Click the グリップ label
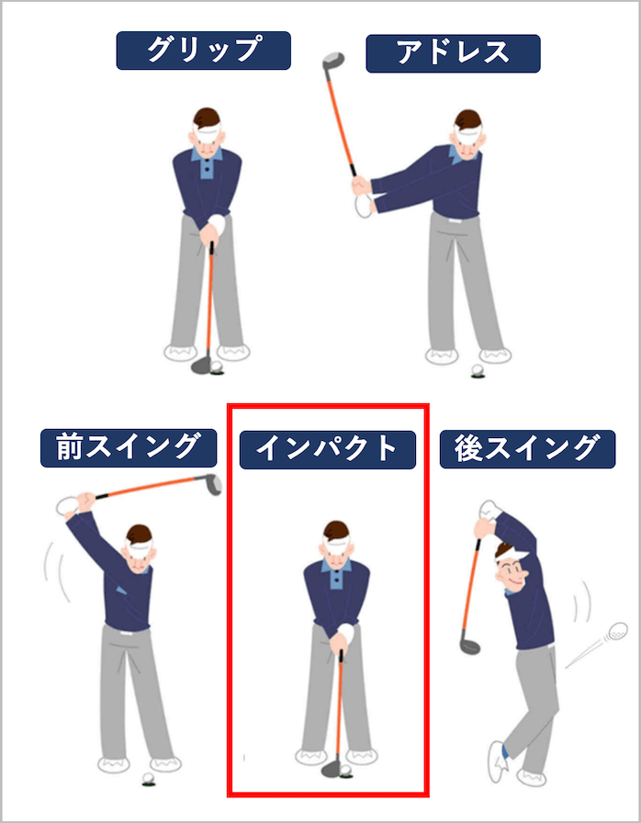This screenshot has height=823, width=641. coord(204,51)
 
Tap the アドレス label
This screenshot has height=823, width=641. coord(454,53)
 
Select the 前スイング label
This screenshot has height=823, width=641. coord(129,447)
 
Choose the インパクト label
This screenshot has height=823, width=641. coord(328,449)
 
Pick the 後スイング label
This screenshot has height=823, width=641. coord(528,449)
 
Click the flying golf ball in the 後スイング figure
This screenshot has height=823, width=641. coord(617,631)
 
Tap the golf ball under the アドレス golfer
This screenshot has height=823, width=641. coord(478,370)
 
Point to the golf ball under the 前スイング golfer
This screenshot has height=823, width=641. coord(149,778)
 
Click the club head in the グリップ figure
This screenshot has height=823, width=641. coord(201,366)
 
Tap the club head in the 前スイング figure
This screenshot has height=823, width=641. coord(213,484)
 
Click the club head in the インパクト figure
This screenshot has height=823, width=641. coord(332,769)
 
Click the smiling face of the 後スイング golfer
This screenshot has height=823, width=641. coord(511,573)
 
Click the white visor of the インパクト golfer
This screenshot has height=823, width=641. coord(336,547)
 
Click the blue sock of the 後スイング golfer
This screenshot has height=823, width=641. coord(504,751)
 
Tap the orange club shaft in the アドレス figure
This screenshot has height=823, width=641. coord(341,120)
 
